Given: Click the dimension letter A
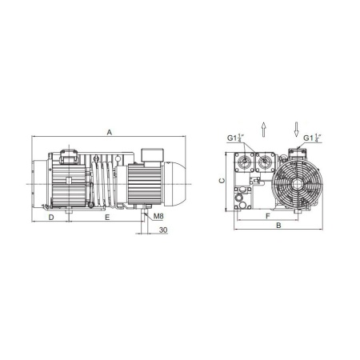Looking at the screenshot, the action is [110, 132].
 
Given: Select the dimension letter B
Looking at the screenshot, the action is [278, 226].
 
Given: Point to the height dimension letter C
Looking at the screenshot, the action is [222, 181].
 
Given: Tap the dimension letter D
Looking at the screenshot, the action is [51, 218].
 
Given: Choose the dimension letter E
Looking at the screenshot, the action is [107, 218].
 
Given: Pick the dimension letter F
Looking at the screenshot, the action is [268, 216].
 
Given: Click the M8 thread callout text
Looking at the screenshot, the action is [158, 216].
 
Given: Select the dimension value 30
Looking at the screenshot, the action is [163, 230].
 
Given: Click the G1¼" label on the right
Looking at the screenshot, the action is [312, 138].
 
